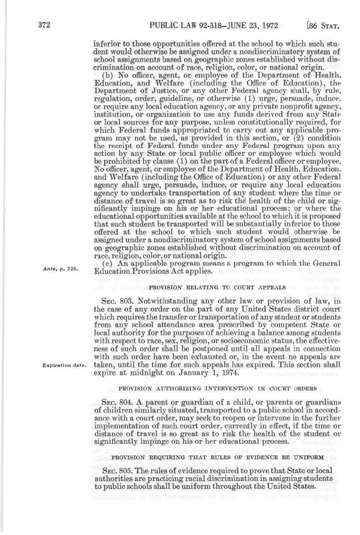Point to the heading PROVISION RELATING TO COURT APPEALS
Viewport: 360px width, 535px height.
pos(217,288)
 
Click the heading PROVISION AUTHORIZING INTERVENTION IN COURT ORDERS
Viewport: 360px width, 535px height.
pos(217,388)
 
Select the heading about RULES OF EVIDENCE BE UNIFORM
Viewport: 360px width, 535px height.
pos(217,458)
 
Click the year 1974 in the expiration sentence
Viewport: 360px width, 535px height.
pos(229,373)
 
